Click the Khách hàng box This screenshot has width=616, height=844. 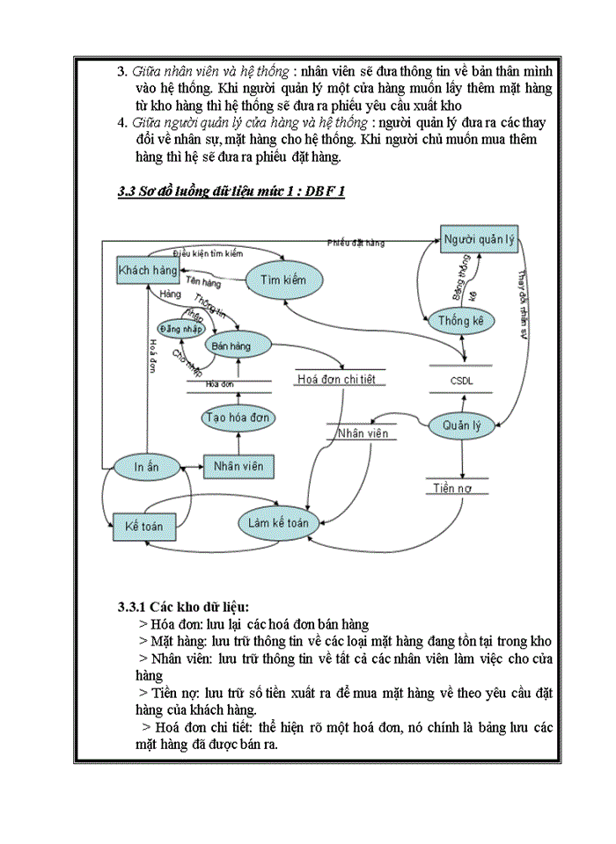click(x=147, y=270)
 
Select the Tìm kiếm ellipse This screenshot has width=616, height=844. click(x=282, y=280)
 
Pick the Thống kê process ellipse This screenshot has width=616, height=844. click(x=461, y=322)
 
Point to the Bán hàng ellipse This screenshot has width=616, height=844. click(x=231, y=346)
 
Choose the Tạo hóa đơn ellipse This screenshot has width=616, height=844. click(x=237, y=417)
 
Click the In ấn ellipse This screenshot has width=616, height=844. click(x=147, y=467)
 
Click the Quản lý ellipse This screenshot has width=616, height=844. click(x=462, y=426)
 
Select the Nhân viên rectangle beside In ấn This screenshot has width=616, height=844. click(x=238, y=467)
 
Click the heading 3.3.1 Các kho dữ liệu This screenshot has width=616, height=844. click(x=184, y=607)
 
